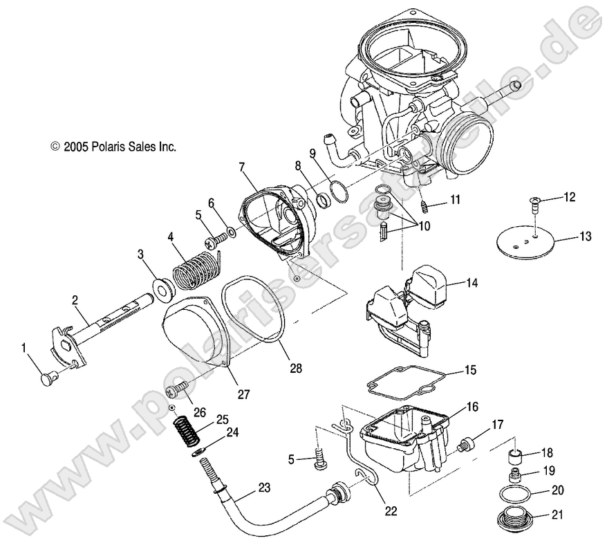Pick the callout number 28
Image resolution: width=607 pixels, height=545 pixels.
(x=296, y=368)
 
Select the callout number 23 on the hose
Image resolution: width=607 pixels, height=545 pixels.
(x=263, y=487)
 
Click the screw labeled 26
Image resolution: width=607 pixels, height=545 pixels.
(x=178, y=391)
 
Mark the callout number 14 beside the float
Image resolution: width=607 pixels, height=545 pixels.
(x=472, y=283)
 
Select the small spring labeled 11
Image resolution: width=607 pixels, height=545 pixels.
(x=427, y=206)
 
